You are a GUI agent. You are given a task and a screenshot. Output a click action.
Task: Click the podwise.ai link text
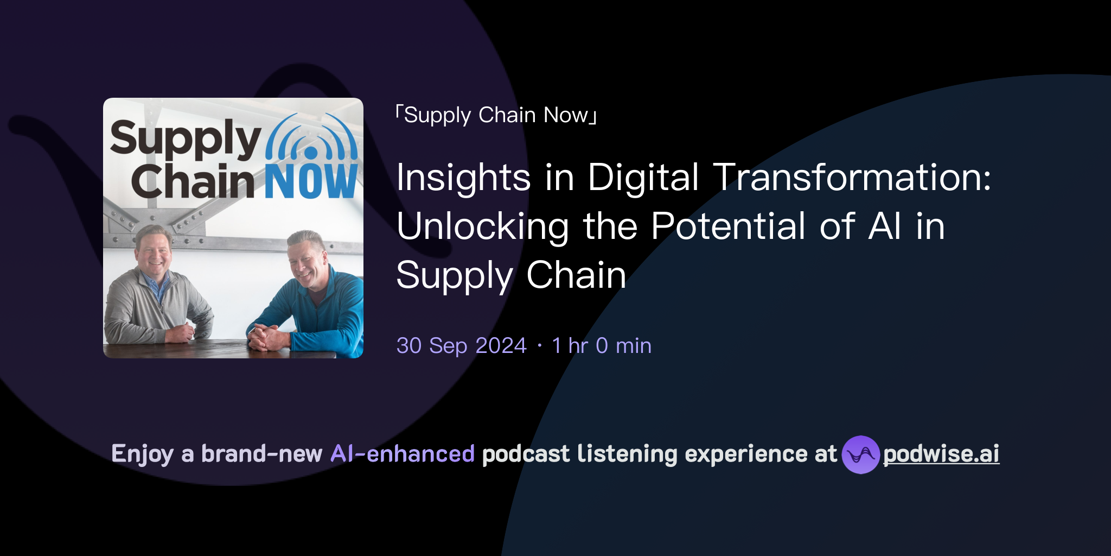tap(941, 454)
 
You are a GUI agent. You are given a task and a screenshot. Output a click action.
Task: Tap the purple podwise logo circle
tap(860, 454)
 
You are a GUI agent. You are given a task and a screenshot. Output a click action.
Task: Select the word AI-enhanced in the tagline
tap(403, 454)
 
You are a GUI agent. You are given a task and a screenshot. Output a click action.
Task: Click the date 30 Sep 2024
tap(461, 345)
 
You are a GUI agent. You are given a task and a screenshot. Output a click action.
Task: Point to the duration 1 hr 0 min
tap(602, 345)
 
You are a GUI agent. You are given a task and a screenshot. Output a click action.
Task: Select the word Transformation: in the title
tap(852, 178)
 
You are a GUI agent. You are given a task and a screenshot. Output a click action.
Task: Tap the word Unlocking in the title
tap(483, 226)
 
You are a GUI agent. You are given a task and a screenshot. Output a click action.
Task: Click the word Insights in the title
tap(463, 178)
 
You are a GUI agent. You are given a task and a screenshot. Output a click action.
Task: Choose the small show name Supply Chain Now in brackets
tap(496, 115)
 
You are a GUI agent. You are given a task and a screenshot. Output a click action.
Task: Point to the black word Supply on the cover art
tap(186, 138)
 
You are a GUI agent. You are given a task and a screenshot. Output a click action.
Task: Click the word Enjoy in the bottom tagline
tap(142, 454)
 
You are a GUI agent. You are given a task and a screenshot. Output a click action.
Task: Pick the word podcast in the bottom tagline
tap(526, 454)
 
